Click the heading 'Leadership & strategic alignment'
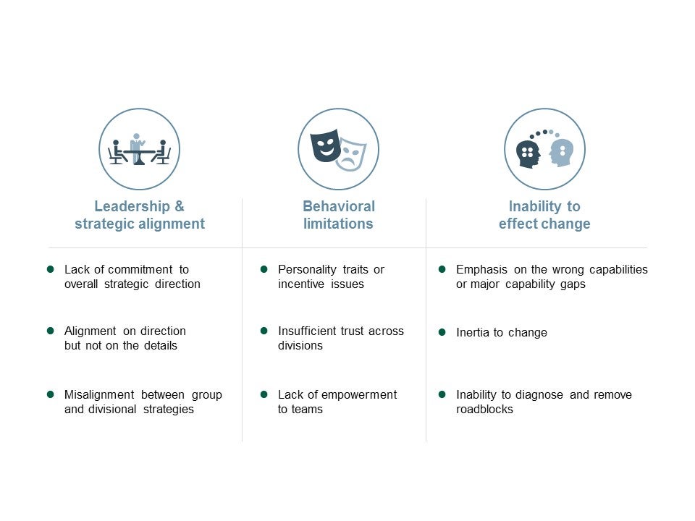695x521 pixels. point(140,215)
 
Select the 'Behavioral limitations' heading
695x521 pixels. point(338,215)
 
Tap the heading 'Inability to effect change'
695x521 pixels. point(544,215)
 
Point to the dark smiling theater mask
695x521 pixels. point(325,145)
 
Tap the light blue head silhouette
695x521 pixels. point(561,152)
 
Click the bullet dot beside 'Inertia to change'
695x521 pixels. point(442,332)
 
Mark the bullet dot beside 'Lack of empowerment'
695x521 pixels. point(264,394)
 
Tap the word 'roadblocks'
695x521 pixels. point(484,409)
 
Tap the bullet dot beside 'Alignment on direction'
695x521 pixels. point(51,331)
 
